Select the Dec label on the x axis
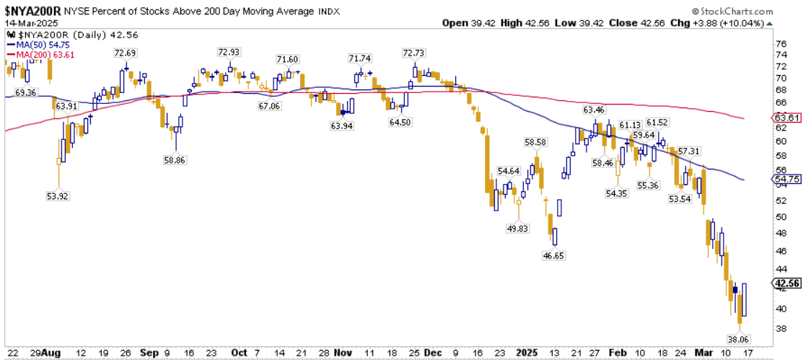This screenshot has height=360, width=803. (x=433, y=353)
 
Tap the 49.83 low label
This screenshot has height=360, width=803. (x=517, y=228)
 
